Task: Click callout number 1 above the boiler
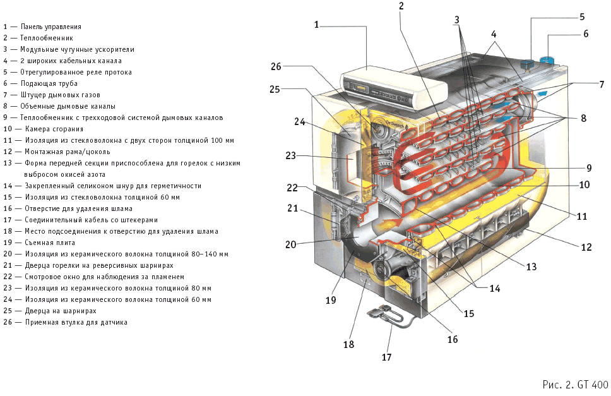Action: [317, 25]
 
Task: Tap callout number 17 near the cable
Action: [386, 357]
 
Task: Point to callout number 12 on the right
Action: [587, 247]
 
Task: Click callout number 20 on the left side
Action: [290, 244]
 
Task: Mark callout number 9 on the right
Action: [588, 168]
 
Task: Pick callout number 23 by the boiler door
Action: [290, 155]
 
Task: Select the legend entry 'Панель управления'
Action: [50, 27]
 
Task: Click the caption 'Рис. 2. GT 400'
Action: [575, 384]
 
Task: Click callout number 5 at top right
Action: [582, 16]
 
